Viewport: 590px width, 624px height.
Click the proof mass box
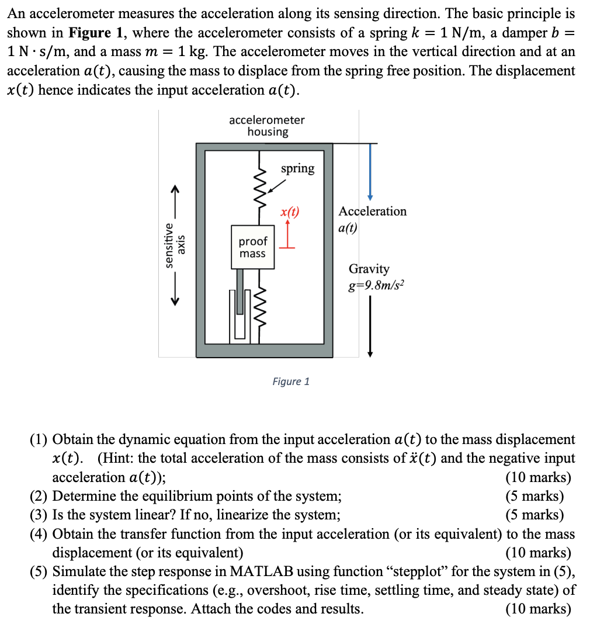coord(252,247)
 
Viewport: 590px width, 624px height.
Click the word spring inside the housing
coord(297,168)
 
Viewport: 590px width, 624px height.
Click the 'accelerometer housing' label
coord(267,126)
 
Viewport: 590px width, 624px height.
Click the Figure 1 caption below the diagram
coord(291,382)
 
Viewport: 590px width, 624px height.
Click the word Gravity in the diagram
coord(369,269)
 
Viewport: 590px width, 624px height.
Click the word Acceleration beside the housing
coord(372,212)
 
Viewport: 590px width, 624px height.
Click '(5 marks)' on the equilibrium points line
coord(535,497)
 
